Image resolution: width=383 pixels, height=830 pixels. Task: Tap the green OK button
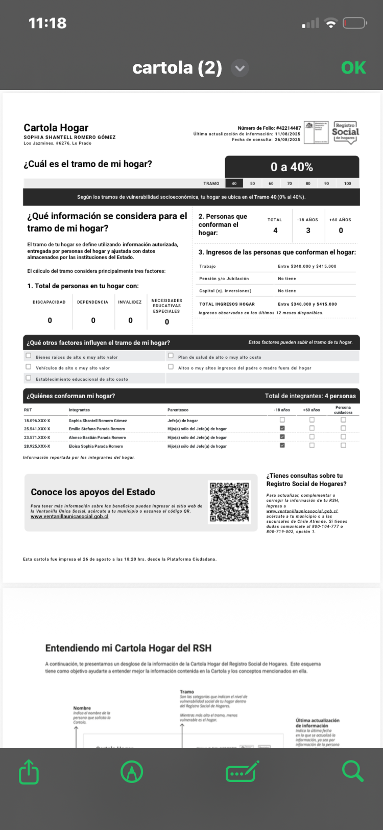(353, 67)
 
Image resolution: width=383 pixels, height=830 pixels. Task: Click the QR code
(230, 502)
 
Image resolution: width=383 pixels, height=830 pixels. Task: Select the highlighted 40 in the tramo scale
(234, 183)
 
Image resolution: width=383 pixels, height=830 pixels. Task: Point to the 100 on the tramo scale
(348, 183)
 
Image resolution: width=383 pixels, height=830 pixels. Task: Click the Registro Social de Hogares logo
(345, 133)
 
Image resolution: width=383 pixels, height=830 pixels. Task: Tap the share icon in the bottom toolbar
(29, 772)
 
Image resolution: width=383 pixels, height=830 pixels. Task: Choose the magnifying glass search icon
(352, 771)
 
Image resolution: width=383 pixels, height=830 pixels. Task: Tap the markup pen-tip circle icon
(132, 772)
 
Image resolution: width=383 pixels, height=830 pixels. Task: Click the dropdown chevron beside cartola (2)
(240, 68)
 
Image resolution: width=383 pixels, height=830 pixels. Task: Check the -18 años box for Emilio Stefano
(282, 428)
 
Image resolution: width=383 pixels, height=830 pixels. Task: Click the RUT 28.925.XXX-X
(37, 446)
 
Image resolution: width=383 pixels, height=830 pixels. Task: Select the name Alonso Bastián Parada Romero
(98, 437)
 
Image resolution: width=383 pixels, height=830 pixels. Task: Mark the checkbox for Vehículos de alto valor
(29, 367)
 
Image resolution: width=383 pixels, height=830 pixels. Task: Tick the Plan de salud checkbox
(171, 356)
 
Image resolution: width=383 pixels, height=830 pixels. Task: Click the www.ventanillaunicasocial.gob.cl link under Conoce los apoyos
(69, 517)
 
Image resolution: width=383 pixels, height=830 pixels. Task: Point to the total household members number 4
(275, 230)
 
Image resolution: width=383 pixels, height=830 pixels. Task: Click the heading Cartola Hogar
(56, 128)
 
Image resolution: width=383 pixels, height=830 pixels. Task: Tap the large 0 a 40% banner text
(292, 167)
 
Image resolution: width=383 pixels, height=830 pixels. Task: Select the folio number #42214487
(288, 128)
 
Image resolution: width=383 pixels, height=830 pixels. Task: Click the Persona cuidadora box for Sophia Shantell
(343, 420)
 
